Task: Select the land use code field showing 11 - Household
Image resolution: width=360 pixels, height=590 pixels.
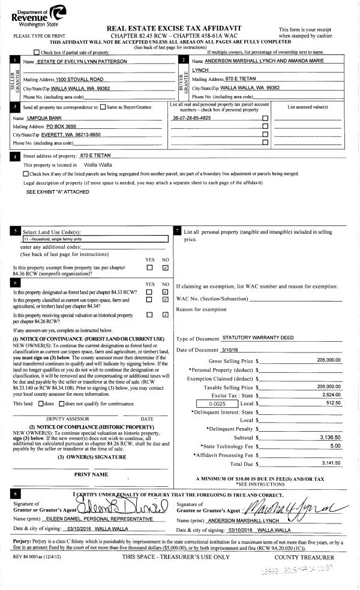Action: [89, 238]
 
